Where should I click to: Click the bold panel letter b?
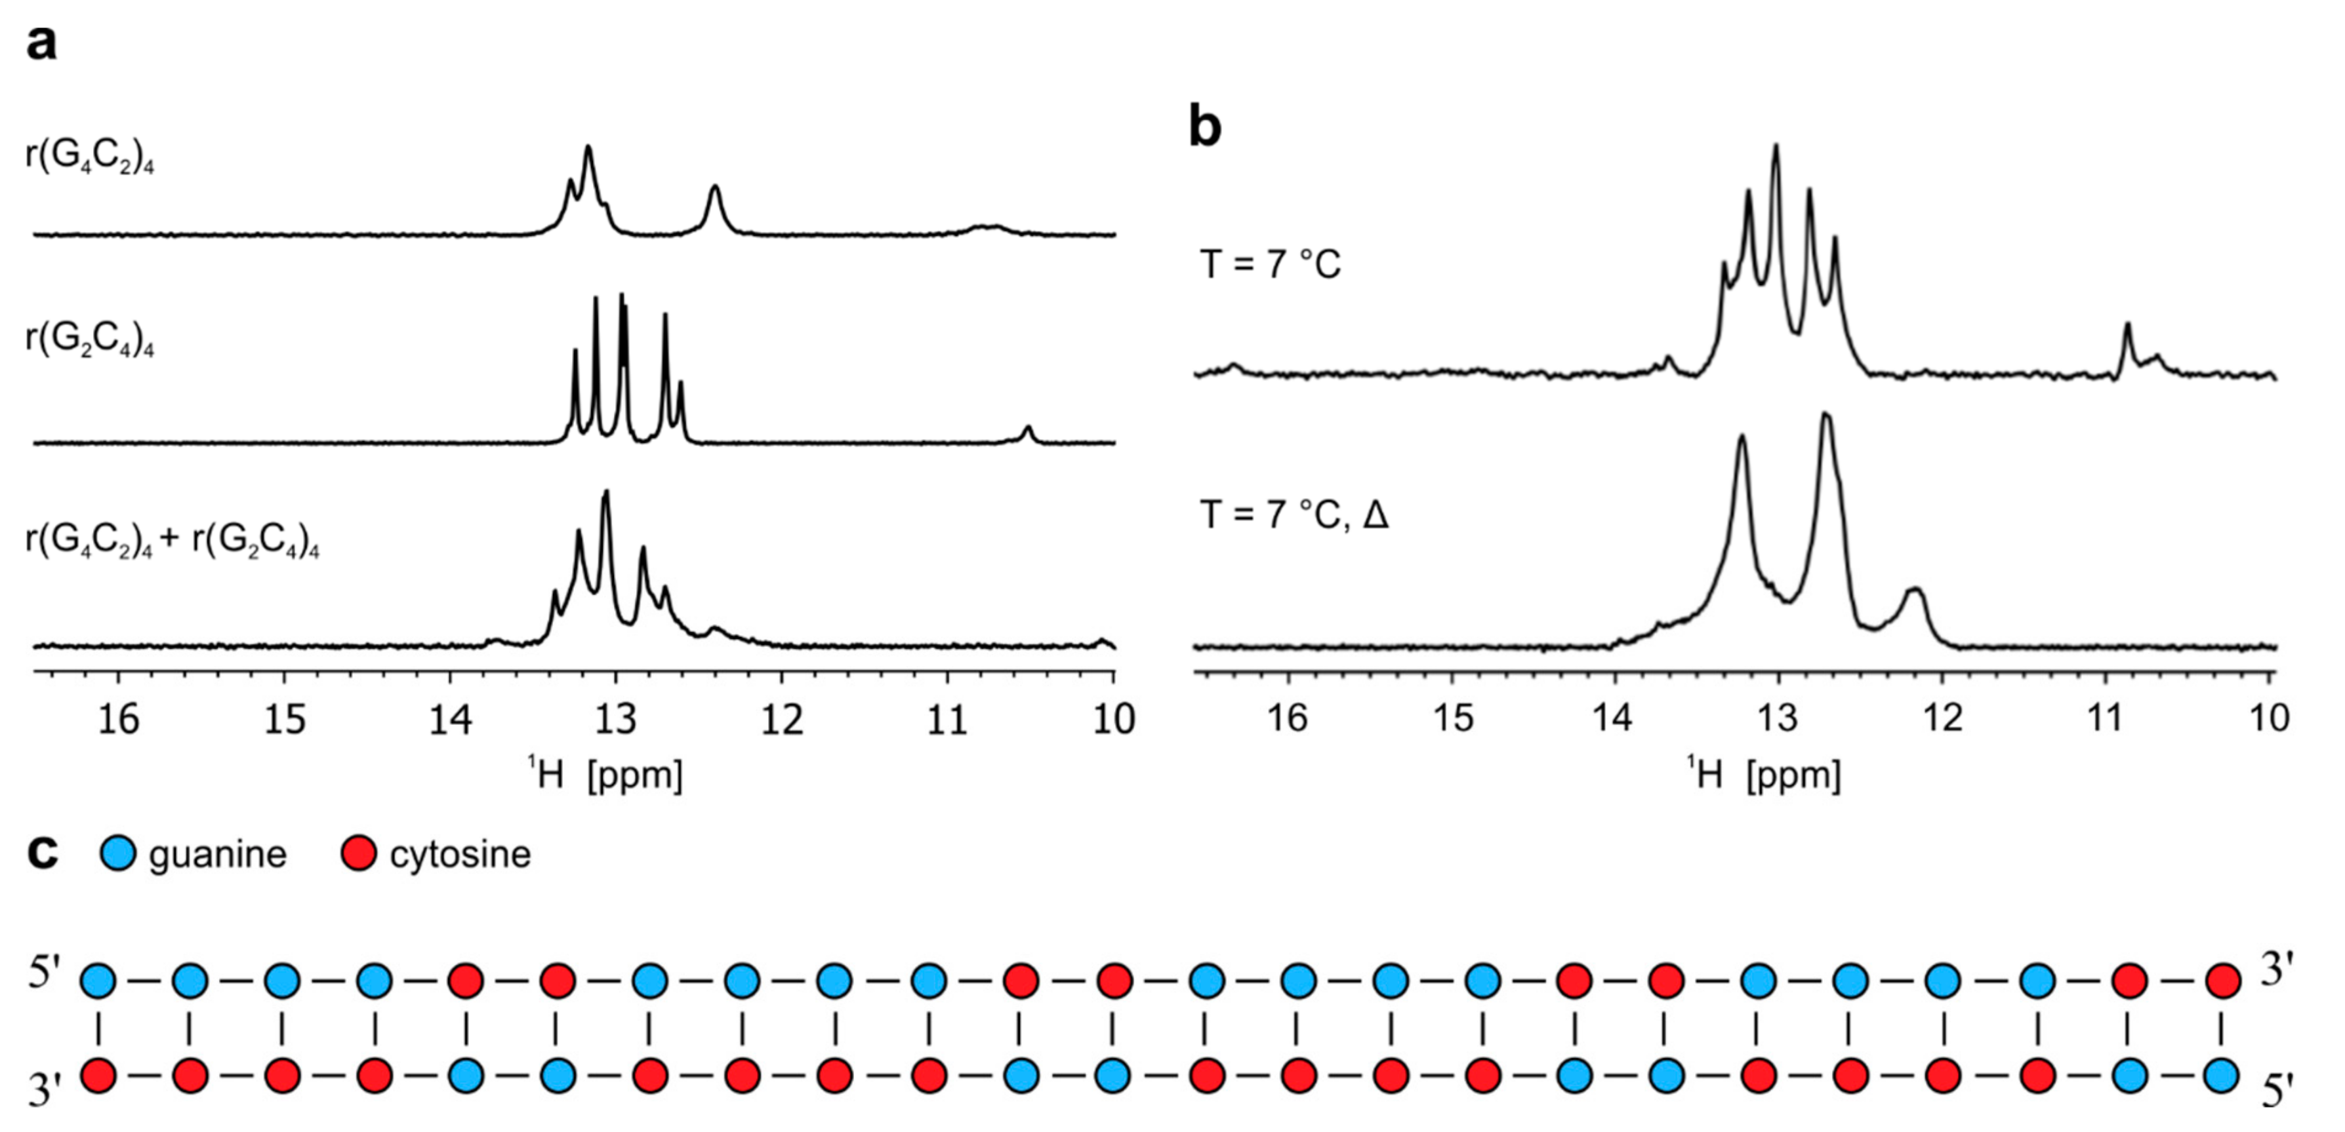click(x=1204, y=127)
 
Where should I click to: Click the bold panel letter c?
click(x=42, y=853)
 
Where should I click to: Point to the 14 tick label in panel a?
click(x=451, y=720)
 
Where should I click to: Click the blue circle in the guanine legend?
click(x=117, y=853)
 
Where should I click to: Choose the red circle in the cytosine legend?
click(x=359, y=853)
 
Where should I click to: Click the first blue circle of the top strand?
click(x=99, y=982)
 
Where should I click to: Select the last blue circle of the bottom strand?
click(x=2221, y=1076)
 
